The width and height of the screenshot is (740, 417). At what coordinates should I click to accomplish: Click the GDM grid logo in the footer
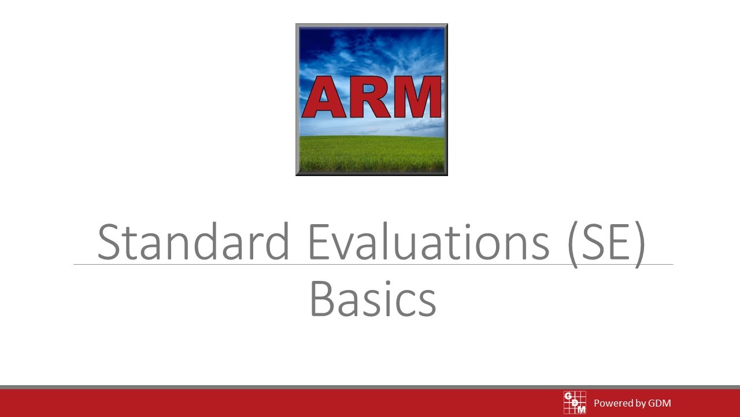(x=575, y=403)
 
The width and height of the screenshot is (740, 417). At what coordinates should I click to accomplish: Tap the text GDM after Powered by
(x=659, y=403)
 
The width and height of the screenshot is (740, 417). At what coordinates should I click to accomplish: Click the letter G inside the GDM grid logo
(x=568, y=396)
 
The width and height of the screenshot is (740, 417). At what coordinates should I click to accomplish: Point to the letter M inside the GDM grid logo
(x=582, y=409)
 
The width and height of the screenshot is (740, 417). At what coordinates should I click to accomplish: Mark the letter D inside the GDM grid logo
(x=575, y=403)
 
